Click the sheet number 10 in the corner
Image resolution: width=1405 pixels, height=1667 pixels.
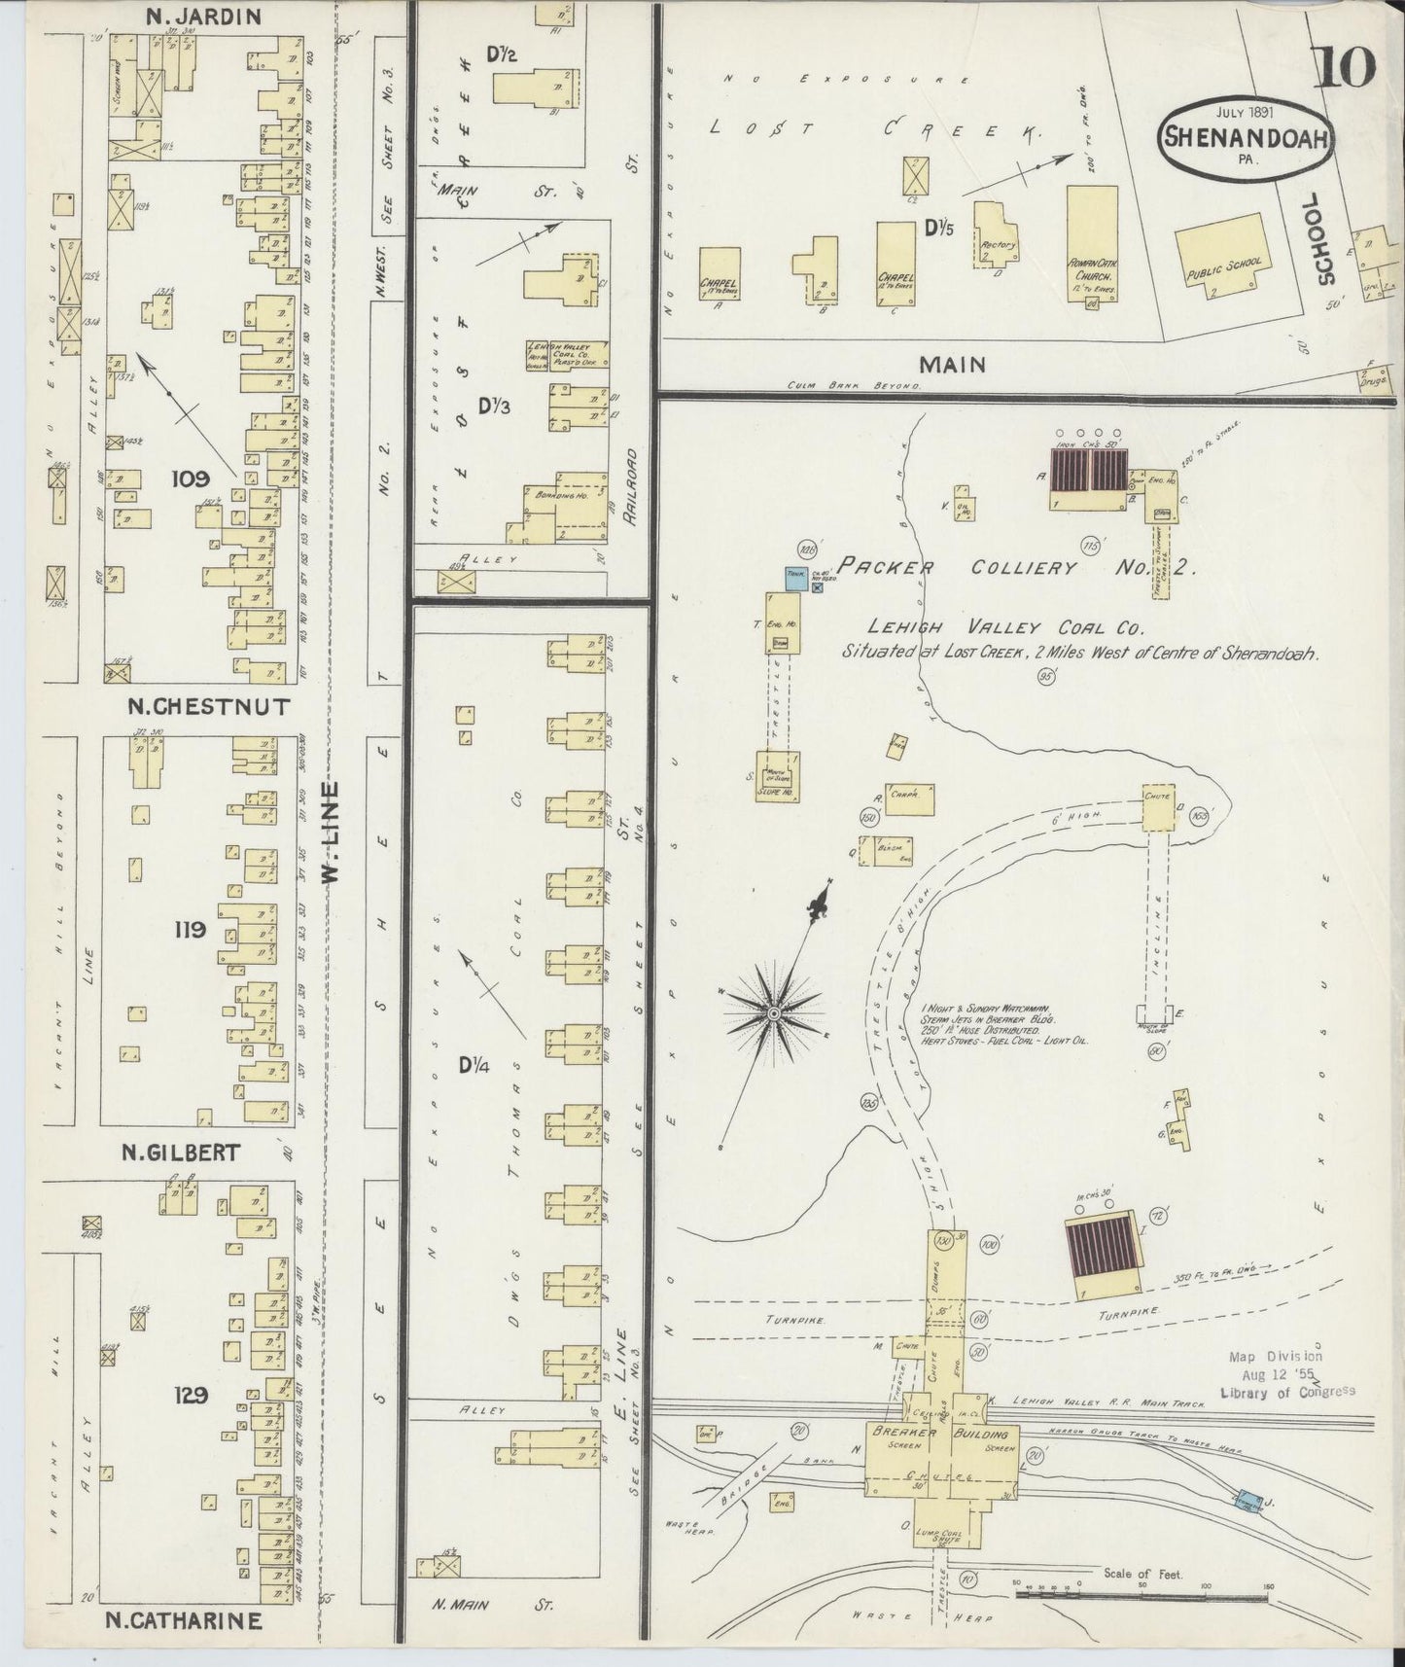coord(1348,66)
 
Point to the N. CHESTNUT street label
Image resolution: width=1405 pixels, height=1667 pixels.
coord(209,706)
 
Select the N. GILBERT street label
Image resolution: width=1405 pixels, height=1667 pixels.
coord(180,1153)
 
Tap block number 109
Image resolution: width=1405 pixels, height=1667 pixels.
coord(190,478)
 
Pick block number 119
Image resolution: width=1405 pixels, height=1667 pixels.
coord(190,930)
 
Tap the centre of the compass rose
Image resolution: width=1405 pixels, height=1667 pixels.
coord(774,1014)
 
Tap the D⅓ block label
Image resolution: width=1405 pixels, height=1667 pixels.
coord(493,405)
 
